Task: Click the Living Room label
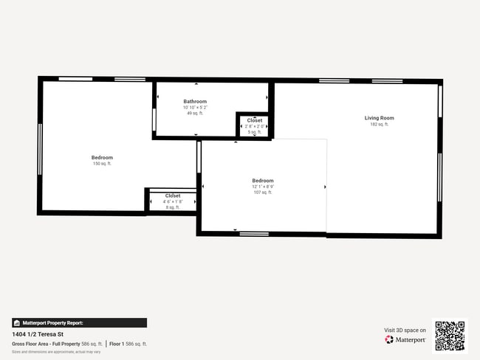(x=379, y=118)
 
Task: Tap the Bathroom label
(x=195, y=102)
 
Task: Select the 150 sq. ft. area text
(x=102, y=164)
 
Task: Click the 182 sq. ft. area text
(x=379, y=125)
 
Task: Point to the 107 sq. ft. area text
(x=262, y=193)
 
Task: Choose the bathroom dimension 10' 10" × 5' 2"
(x=195, y=108)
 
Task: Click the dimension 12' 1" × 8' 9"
(x=262, y=187)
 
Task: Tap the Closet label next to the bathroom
(x=254, y=120)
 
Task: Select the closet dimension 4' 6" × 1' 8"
(x=172, y=201)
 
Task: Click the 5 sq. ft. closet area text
(x=254, y=132)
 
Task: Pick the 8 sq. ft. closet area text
(x=172, y=207)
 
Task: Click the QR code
(x=450, y=336)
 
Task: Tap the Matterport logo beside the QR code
(x=405, y=340)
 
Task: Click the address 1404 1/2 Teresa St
(x=36, y=334)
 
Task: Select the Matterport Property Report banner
(x=78, y=322)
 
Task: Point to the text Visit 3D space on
(x=405, y=330)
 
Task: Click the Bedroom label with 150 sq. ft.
(x=102, y=157)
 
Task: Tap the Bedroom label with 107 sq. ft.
(x=262, y=181)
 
